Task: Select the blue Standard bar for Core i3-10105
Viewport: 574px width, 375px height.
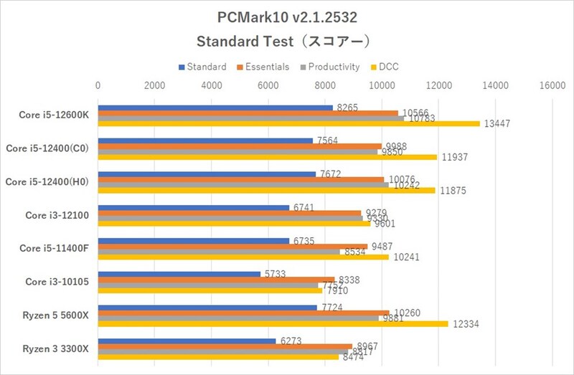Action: pos(179,274)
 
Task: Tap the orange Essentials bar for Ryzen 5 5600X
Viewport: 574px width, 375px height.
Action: pos(243,313)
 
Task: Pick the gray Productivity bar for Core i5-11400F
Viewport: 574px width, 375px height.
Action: pos(219,252)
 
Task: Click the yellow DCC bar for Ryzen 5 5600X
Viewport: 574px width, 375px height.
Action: pos(273,324)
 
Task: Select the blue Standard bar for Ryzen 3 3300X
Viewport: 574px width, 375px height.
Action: pos(187,341)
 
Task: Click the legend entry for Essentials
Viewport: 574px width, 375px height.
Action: pos(263,67)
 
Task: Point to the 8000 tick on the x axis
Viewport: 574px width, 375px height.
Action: pos(324,85)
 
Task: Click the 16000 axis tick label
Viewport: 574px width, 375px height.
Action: pos(551,85)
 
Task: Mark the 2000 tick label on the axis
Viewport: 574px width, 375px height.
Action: pos(154,85)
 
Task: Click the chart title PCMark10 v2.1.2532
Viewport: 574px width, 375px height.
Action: pos(286,16)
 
